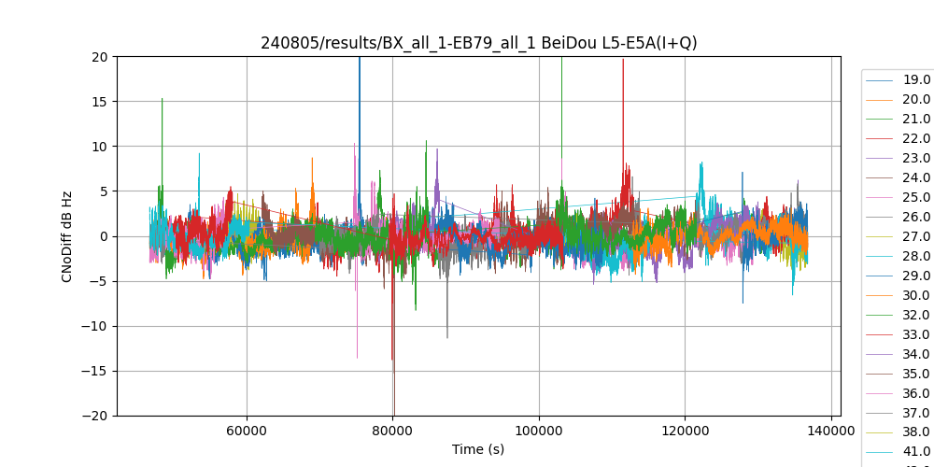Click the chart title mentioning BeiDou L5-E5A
(478, 43)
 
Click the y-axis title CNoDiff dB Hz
(67, 236)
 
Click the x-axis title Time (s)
(478, 449)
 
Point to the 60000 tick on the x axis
(247, 431)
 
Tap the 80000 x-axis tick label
(393, 431)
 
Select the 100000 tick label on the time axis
(539, 431)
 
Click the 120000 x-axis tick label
(685, 431)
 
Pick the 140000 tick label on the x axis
(830, 431)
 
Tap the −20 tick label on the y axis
(96, 416)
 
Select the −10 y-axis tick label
(96, 326)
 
